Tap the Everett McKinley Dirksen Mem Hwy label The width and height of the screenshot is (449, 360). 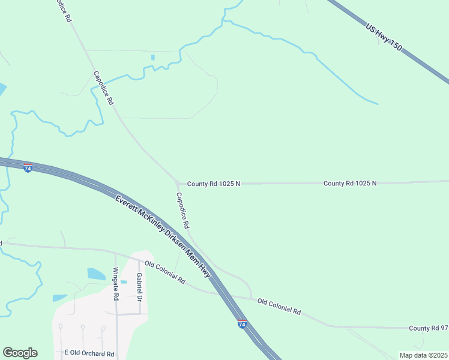163,235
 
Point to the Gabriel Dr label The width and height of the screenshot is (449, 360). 139,287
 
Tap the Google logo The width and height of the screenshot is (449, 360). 20,353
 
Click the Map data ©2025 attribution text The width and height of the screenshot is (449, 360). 423,355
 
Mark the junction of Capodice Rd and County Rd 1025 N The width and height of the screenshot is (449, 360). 176,183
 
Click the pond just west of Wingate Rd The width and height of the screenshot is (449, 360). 96,274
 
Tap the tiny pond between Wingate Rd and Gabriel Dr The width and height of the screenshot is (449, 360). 124,281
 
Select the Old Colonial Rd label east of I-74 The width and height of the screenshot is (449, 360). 279,306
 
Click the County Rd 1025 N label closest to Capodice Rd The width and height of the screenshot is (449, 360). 213,184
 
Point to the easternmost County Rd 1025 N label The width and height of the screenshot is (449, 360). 350,183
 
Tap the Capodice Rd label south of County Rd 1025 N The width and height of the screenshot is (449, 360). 182,210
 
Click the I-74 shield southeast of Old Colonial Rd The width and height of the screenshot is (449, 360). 241,324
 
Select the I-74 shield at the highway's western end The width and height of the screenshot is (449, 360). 28,168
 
